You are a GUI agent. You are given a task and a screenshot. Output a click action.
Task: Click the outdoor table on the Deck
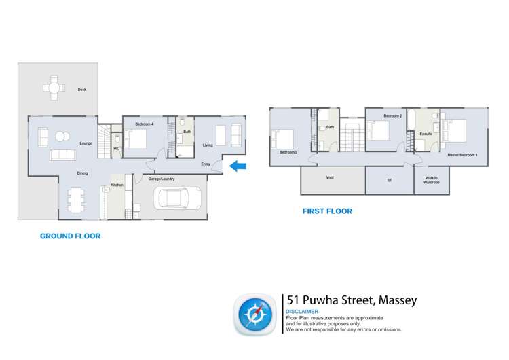pos(54,87)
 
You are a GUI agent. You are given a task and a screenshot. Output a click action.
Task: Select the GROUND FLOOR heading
pos(70,236)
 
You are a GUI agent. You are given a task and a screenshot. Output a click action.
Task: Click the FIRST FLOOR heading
pos(327,211)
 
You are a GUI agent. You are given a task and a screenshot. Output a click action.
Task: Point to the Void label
pos(330,177)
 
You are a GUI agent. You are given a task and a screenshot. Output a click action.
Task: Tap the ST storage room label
pos(389,180)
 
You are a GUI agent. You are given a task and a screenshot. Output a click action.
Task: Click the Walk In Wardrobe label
pos(432,181)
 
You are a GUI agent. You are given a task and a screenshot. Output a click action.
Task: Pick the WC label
pos(116,148)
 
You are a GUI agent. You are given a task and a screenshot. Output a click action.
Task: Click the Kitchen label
pos(117,185)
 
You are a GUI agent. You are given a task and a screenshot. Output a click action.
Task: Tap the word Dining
pos(82,173)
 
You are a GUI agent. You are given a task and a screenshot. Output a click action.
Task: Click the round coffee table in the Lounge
pos(61,135)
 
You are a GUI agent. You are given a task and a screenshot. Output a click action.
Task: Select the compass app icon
pos(254,314)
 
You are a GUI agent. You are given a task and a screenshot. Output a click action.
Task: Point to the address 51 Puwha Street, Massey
pos(351,300)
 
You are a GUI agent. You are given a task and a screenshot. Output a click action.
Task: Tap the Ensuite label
pos(426,134)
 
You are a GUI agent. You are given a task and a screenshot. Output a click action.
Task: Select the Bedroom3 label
pos(288,152)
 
